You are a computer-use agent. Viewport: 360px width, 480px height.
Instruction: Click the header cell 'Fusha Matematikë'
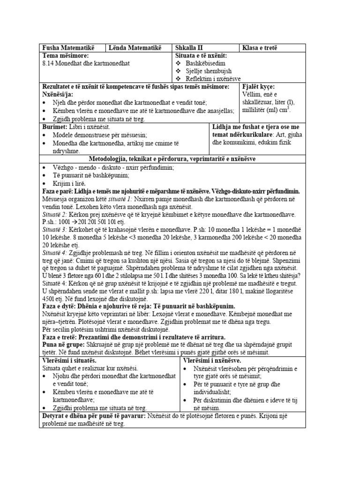pyautogui.click(x=68, y=48)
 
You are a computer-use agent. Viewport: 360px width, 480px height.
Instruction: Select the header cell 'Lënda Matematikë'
pyautogui.click(x=135, y=48)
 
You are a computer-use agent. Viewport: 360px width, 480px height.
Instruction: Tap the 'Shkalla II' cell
pyautogui.click(x=189, y=48)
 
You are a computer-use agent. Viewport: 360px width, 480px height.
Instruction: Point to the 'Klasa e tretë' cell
pyautogui.click(x=260, y=48)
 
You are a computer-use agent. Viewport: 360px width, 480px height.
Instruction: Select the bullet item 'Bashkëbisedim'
pyautogui.click(x=205, y=63)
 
